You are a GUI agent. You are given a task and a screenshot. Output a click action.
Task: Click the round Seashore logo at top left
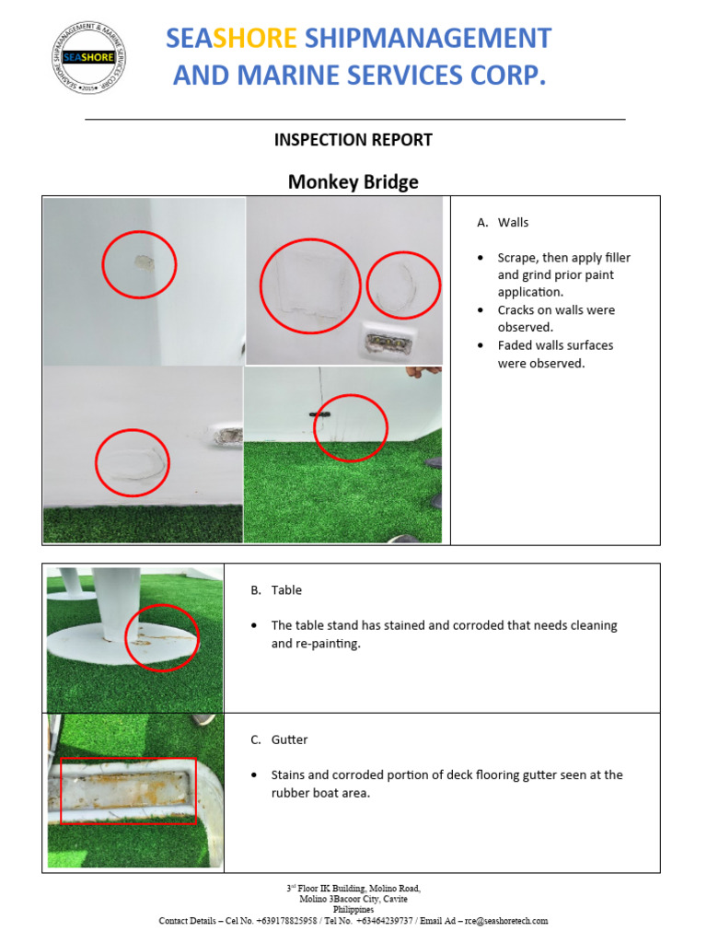point(88,57)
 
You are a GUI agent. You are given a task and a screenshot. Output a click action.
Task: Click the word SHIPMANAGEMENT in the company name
point(427,38)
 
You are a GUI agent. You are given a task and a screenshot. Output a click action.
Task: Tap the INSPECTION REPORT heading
point(353,140)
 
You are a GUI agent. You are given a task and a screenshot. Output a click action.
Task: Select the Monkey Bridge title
point(353,181)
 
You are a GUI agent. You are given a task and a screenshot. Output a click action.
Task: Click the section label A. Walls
point(503,223)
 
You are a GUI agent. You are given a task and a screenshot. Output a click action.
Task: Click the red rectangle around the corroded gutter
point(128,790)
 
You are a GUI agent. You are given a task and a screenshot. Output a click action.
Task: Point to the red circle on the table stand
point(162,637)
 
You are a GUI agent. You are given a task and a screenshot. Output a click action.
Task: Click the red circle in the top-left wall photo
point(138,264)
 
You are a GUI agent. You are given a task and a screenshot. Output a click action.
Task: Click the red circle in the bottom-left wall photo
point(133,462)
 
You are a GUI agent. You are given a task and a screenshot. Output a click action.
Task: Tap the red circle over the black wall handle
point(350,427)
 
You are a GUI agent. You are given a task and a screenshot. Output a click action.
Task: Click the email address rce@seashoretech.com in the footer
point(505,920)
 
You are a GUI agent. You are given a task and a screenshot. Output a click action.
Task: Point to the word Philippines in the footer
point(353,910)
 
